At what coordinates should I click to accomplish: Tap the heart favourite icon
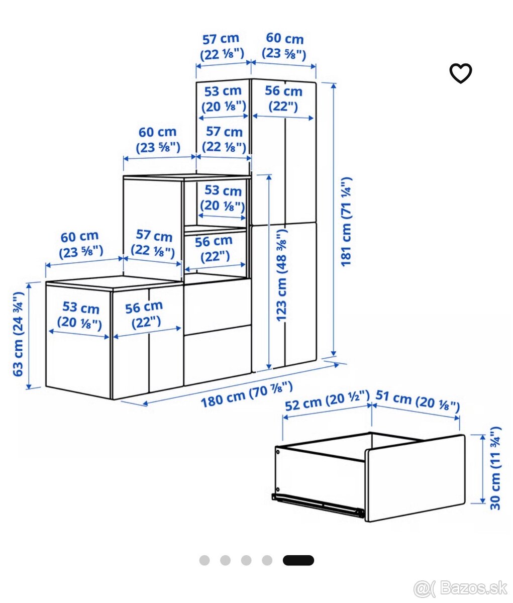(x=460, y=73)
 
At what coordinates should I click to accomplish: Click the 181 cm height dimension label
(x=347, y=222)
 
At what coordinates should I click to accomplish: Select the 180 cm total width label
(x=247, y=394)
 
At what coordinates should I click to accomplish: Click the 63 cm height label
(x=18, y=334)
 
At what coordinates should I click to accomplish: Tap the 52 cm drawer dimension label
(x=327, y=401)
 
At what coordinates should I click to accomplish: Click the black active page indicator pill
(x=298, y=560)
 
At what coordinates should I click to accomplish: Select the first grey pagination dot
(x=204, y=560)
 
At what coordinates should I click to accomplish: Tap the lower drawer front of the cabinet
(x=218, y=355)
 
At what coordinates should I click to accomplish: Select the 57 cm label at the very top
(x=222, y=46)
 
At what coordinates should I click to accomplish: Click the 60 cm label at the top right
(x=284, y=46)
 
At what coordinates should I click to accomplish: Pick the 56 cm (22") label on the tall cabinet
(x=283, y=98)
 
